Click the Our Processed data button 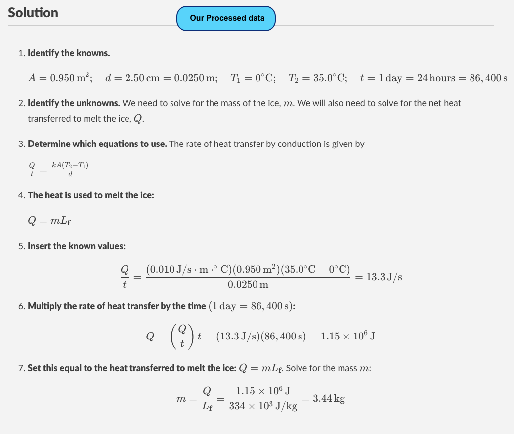[226, 18]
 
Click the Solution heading [33, 13]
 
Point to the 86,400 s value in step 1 [487, 78]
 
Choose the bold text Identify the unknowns [74, 103]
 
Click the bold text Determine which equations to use [97, 144]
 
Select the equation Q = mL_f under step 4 [50, 221]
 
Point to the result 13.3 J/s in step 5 [384, 277]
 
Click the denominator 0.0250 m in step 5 [248, 285]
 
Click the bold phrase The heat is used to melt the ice [91, 195]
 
